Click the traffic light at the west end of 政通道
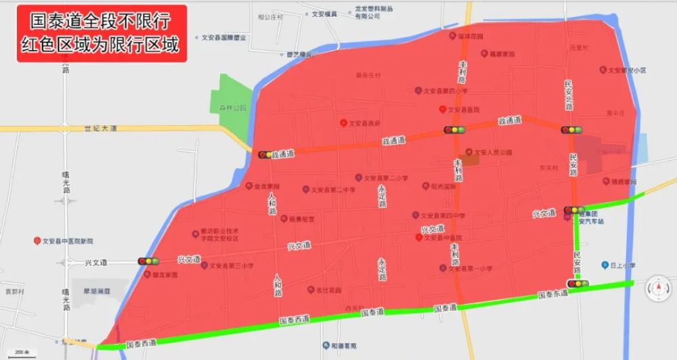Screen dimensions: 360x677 (x=265, y=155)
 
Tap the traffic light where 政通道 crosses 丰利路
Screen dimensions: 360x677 (x=455, y=130)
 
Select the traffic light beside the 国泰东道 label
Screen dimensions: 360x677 (x=577, y=284)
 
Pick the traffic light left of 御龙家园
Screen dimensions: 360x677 (x=147, y=261)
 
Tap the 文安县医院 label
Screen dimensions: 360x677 (x=466, y=110)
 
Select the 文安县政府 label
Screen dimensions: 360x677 (x=365, y=123)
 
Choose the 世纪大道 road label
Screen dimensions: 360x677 (x=101, y=128)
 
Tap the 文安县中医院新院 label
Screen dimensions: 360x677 (x=67, y=241)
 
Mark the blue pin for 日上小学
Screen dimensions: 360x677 (x=604, y=265)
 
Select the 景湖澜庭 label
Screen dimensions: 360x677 (x=96, y=291)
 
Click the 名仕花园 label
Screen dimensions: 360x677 (x=327, y=290)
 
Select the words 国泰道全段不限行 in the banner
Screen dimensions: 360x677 (x=101, y=20)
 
